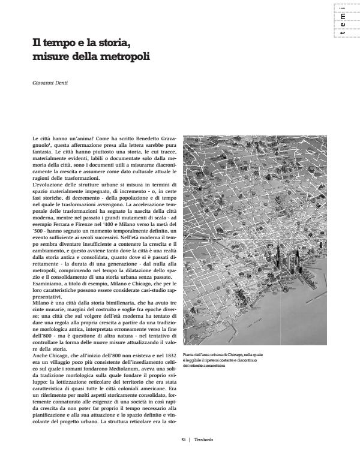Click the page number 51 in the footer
click(185, 439)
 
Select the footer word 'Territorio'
click(203, 439)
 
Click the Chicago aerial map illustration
click(257, 240)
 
